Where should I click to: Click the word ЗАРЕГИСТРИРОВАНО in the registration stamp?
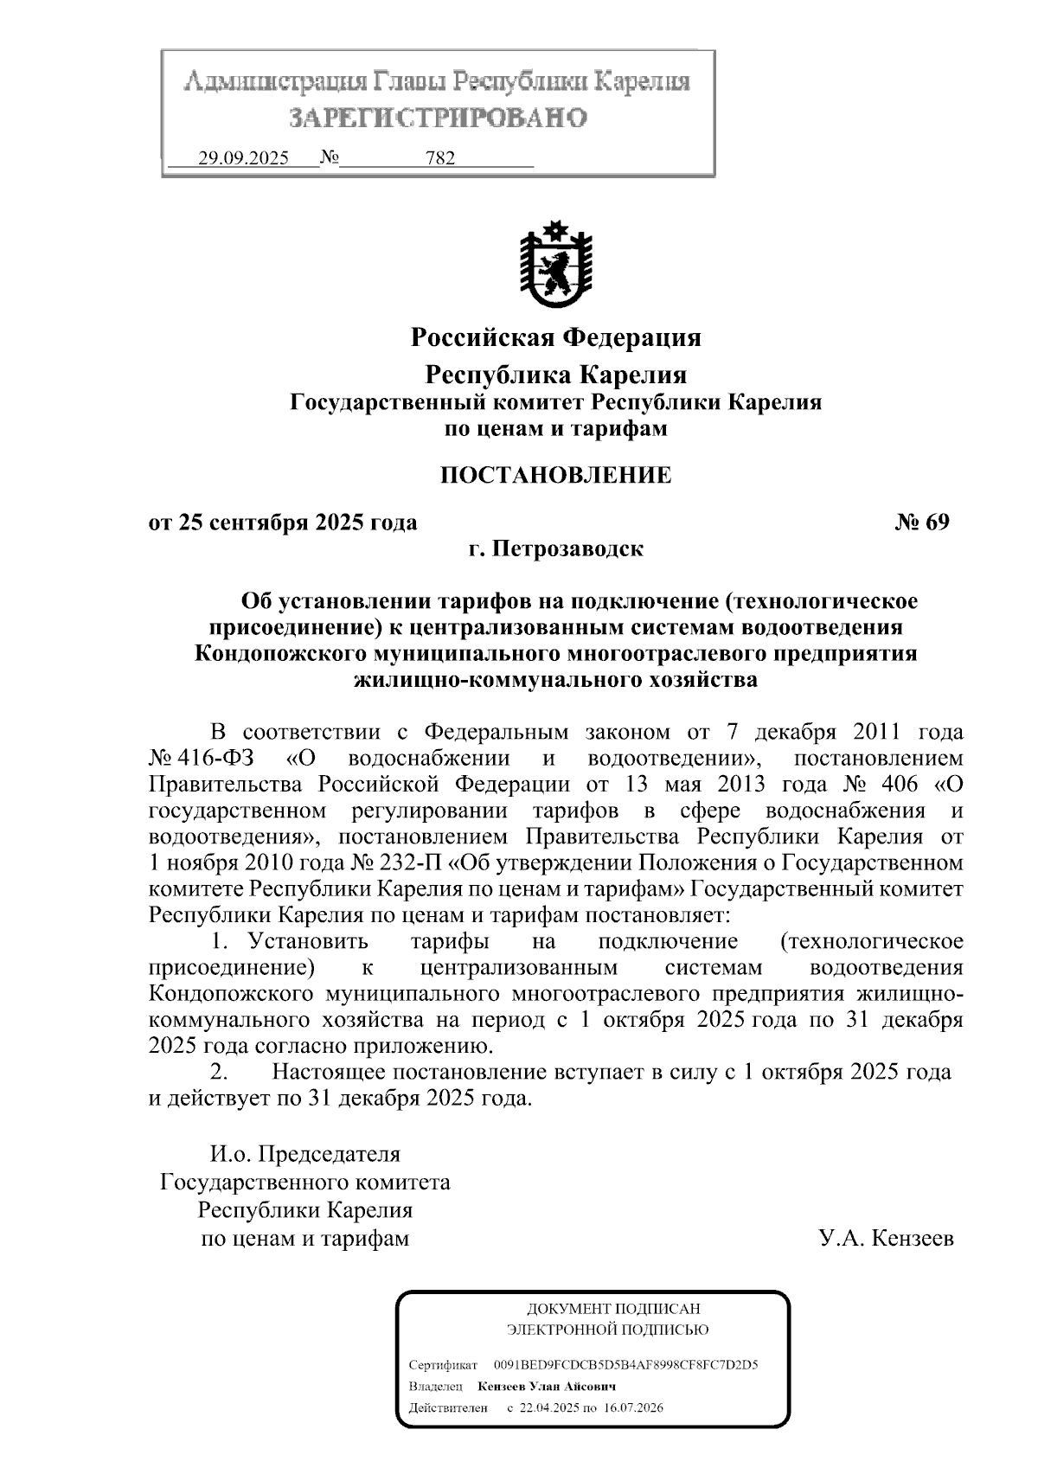pyautogui.click(x=438, y=118)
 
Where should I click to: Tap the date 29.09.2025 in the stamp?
pyautogui.click(x=243, y=159)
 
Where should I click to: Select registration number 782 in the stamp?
pyautogui.click(x=440, y=159)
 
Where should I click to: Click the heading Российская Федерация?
pyautogui.click(x=555, y=337)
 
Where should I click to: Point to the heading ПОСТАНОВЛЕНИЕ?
pyautogui.click(x=555, y=475)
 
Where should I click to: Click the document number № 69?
pyautogui.click(x=921, y=522)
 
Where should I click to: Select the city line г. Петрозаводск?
pyautogui.click(x=555, y=549)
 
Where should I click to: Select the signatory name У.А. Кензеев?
pyautogui.click(x=887, y=1239)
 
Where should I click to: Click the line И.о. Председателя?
pyautogui.click(x=305, y=1154)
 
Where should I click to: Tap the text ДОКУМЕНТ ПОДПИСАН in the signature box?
pyautogui.click(x=613, y=1310)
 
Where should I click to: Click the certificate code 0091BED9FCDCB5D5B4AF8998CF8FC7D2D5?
pyautogui.click(x=625, y=1365)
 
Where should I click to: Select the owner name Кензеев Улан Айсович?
pyautogui.click(x=547, y=1386)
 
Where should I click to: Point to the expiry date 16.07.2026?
pyautogui.click(x=634, y=1407)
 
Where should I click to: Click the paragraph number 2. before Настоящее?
pyautogui.click(x=220, y=1073)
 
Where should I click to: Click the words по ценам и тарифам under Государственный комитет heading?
pyautogui.click(x=555, y=428)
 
